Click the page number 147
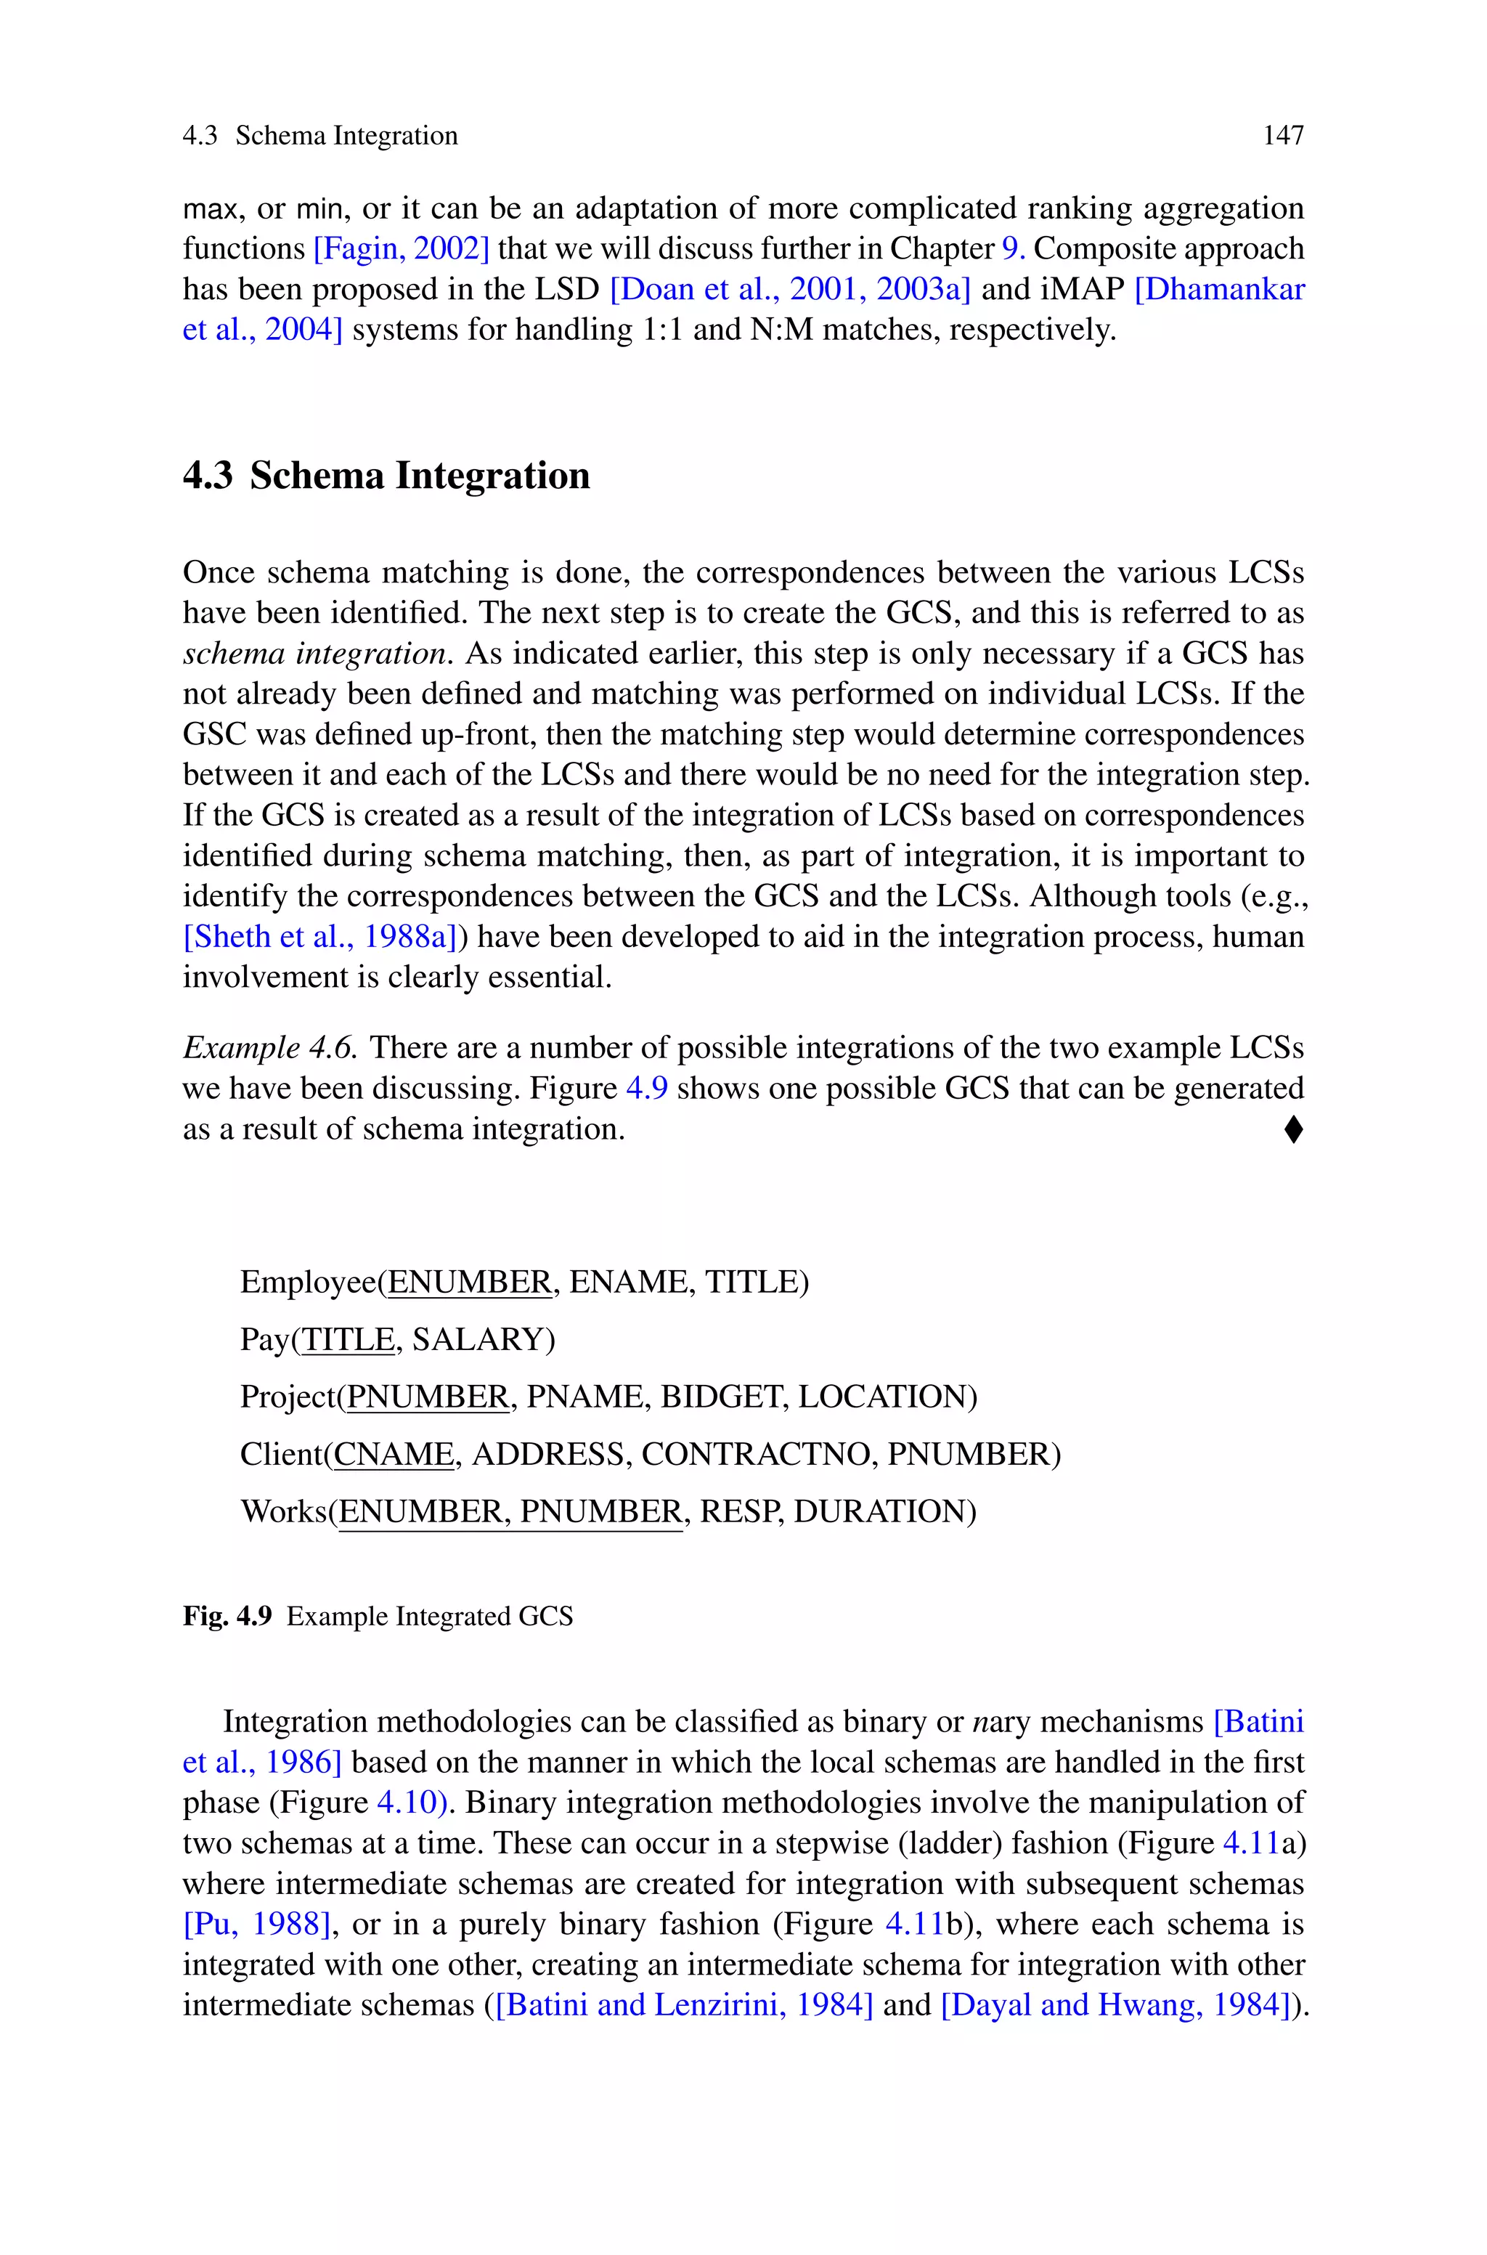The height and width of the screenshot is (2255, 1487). click(1282, 136)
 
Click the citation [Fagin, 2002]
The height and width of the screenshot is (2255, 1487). click(400, 248)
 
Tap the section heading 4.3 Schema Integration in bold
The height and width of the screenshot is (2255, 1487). click(386, 475)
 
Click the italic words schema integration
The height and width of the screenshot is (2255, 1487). click(314, 654)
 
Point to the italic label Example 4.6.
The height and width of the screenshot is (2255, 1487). click(269, 1048)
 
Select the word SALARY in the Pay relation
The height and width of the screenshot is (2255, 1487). click(482, 1339)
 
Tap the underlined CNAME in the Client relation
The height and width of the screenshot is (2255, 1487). click(394, 1454)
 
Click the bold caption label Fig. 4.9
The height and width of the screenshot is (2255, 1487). click(227, 1616)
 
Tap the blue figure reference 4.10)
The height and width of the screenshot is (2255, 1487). click(412, 1802)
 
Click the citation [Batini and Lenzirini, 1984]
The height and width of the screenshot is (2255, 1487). click(683, 2004)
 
